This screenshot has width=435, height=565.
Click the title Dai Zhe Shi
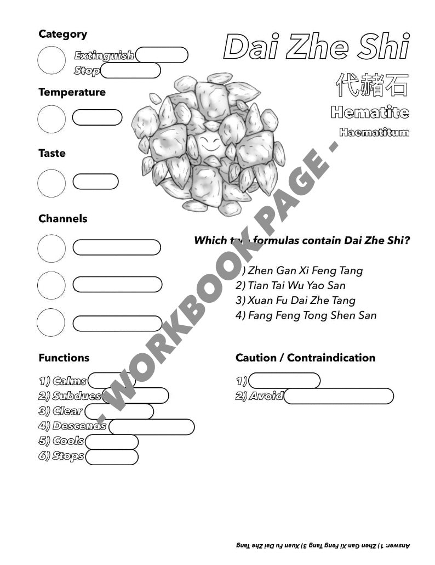316,48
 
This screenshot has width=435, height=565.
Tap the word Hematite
370,113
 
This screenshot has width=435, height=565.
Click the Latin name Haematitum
374,132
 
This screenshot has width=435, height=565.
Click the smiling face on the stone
208,146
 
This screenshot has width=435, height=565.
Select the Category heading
62,34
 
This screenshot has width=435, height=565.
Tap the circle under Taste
51,183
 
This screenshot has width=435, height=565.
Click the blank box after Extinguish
162,55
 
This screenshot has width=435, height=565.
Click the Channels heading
62,218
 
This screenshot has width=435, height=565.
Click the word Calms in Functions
70,381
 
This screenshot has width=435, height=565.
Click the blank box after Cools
112,441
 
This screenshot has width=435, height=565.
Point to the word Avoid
265,396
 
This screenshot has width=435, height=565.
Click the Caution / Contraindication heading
305,358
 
